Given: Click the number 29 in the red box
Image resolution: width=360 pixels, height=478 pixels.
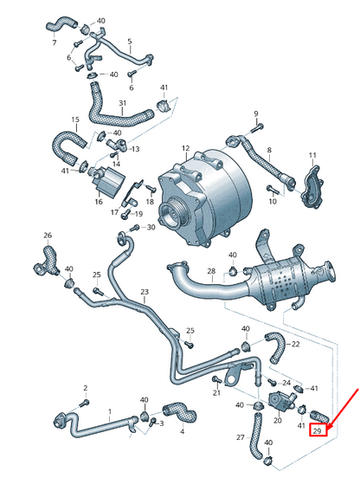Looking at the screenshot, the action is (x=318, y=430).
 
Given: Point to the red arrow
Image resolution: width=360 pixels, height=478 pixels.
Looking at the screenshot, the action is (x=344, y=407).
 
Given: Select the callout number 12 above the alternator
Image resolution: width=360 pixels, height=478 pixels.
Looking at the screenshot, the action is (x=185, y=148).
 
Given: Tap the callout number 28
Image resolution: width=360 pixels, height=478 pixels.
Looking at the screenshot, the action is (x=211, y=271).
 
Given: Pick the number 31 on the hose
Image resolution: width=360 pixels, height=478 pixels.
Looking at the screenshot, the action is (x=122, y=103).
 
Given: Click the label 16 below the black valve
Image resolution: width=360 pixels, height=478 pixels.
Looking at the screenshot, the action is (x=99, y=202).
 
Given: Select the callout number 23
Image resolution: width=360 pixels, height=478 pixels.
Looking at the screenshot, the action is (x=145, y=292).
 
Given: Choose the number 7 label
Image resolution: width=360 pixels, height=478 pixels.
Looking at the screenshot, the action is (x=55, y=42).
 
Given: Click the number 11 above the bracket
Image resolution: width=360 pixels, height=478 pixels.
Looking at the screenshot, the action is (x=312, y=155).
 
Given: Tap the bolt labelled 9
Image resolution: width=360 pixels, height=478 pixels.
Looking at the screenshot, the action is (x=258, y=128).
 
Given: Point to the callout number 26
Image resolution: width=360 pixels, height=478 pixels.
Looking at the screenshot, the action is (x=48, y=235).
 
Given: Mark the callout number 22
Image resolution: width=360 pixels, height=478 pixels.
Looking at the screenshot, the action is (x=295, y=344).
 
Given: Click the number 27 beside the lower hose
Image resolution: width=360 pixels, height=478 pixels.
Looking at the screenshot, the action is (x=241, y=437).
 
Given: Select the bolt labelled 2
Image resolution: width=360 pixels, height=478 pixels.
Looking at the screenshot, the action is (x=84, y=403).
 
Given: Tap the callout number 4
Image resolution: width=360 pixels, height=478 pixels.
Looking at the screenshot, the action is (x=182, y=431).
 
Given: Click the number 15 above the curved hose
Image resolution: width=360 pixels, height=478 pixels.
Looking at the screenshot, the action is (x=75, y=119).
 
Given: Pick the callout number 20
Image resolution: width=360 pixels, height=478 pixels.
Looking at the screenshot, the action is (x=278, y=420).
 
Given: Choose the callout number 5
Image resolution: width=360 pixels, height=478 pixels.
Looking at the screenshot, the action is (x=130, y=42).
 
